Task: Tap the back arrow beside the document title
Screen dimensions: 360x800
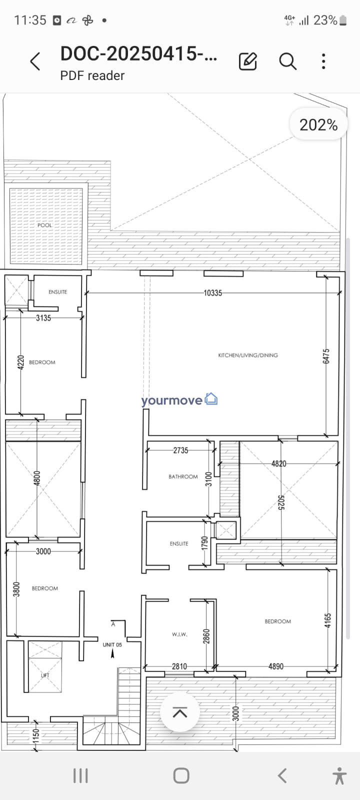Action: click(35, 61)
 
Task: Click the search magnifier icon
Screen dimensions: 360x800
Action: click(287, 61)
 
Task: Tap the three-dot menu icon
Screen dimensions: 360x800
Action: click(323, 61)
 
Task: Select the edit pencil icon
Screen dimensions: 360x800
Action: click(248, 61)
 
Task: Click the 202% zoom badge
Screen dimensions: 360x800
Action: click(318, 125)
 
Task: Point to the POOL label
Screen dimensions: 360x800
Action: click(44, 225)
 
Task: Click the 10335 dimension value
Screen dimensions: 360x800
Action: click(213, 293)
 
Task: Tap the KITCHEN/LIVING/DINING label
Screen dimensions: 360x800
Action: click(248, 355)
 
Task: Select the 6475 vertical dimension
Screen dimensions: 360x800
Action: click(326, 356)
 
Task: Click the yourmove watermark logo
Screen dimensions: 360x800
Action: click(179, 400)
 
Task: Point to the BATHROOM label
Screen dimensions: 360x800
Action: click(183, 477)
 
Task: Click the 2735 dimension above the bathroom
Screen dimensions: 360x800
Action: click(180, 450)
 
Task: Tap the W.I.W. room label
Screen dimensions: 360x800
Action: click(179, 634)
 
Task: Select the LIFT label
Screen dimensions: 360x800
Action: click(45, 675)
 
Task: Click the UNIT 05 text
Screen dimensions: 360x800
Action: click(112, 644)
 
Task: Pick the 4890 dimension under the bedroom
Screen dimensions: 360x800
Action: click(276, 666)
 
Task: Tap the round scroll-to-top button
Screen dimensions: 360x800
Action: click(179, 712)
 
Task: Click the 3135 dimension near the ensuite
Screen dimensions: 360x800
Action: click(43, 318)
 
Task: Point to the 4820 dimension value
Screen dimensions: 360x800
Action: click(279, 463)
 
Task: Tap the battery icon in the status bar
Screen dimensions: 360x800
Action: click(343, 20)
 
